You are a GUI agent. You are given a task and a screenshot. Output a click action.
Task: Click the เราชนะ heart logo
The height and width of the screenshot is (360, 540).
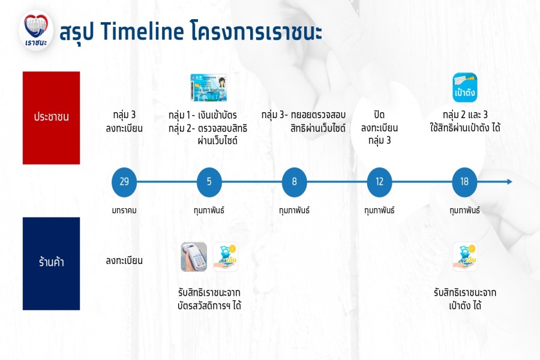[x=36, y=31]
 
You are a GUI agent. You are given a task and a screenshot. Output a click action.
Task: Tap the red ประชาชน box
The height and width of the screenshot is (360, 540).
[x=52, y=118]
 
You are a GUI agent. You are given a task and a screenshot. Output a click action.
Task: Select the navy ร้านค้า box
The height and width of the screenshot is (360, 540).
[x=52, y=263]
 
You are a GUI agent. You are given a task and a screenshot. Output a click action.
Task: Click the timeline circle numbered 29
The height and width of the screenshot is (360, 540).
[x=124, y=182]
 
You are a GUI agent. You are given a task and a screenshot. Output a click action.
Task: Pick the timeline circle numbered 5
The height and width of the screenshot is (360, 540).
[x=209, y=182]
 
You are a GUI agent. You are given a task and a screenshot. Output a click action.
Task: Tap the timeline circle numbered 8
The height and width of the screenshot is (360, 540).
[x=294, y=182]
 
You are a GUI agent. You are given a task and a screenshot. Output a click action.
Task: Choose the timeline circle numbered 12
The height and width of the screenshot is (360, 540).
[x=379, y=182]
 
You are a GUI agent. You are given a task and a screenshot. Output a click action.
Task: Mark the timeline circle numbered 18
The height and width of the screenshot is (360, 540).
[x=464, y=182]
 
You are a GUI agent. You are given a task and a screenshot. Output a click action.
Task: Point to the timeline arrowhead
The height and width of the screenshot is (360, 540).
[x=509, y=182]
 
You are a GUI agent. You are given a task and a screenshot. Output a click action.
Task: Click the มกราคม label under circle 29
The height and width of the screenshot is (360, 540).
[x=124, y=210]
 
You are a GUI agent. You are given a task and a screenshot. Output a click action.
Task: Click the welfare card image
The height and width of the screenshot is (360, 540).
[x=209, y=88]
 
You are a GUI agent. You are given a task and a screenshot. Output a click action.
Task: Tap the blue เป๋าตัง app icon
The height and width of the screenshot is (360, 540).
[x=464, y=88]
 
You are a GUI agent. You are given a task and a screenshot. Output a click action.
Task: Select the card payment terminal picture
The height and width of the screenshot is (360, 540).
[x=194, y=257]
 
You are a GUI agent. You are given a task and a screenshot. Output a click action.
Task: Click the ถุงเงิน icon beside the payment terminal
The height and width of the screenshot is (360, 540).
[x=226, y=257]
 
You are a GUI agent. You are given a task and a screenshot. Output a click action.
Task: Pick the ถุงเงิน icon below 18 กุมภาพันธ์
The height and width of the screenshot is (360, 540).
[x=465, y=257]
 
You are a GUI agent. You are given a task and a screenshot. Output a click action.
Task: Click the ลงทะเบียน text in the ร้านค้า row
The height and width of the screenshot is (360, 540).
[x=124, y=261]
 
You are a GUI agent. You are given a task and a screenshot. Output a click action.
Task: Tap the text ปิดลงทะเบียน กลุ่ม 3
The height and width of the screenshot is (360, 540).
[x=379, y=127]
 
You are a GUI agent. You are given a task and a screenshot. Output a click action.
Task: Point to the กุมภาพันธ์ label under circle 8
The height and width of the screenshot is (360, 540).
[x=294, y=210]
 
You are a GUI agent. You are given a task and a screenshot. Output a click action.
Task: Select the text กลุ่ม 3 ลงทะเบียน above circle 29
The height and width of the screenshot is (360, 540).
[x=124, y=121]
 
